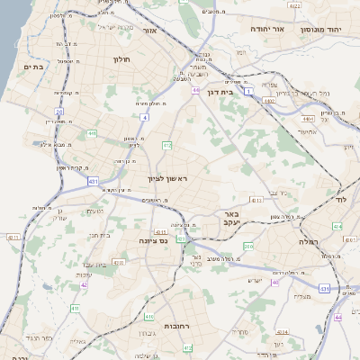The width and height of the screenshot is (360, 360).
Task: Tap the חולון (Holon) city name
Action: pos(121,59)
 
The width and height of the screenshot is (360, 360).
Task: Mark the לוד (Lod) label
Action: pos(340,197)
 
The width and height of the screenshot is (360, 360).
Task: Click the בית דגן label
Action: pos(233,91)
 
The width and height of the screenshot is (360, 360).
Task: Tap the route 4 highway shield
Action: pos(144,117)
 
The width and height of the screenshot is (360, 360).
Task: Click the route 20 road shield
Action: pos(59,112)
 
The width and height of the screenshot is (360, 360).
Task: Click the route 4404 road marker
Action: pos(308,118)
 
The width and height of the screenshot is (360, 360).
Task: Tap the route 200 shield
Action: pos(248,246)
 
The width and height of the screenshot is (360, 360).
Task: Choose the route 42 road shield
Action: pos(84,284)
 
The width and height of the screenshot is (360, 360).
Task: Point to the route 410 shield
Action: pos(74,308)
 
